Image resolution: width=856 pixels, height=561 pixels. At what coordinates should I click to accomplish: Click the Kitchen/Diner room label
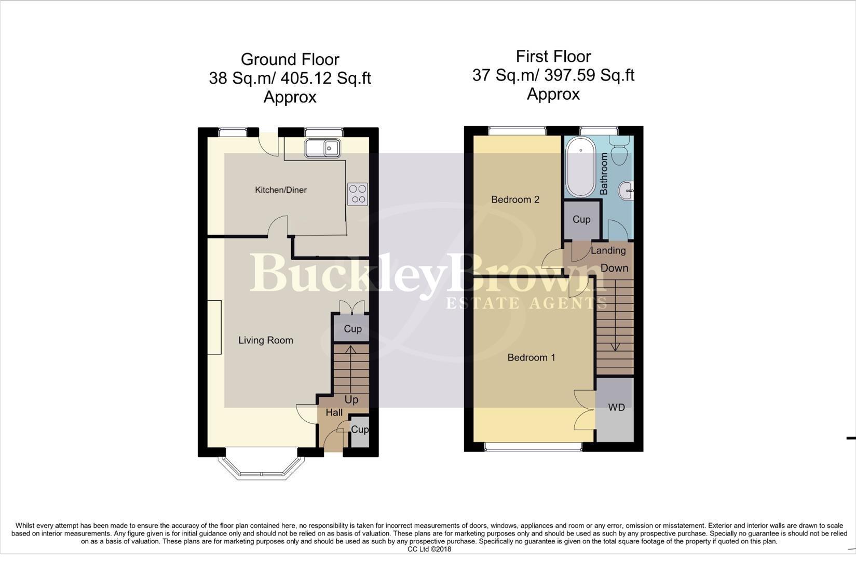[x=280, y=190]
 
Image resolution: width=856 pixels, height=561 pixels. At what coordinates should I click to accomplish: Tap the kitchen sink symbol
[x=322, y=148]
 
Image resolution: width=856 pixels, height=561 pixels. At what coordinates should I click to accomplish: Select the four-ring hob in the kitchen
[x=358, y=194]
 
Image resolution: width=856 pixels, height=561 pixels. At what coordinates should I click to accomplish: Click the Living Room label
[x=265, y=341]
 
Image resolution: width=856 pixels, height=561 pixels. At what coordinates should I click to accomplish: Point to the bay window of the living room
[x=261, y=467]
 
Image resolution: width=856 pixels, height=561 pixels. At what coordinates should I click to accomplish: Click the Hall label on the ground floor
[x=334, y=413]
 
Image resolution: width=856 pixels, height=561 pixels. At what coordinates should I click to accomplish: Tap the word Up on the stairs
[x=351, y=400]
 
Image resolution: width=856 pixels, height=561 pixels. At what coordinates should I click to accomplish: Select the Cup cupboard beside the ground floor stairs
[x=352, y=329]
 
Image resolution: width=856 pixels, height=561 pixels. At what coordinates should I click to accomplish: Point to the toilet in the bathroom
[x=619, y=151]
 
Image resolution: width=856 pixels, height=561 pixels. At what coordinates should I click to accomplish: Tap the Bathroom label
[x=604, y=173]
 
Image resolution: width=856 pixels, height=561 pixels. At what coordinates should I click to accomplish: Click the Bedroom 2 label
[x=515, y=199]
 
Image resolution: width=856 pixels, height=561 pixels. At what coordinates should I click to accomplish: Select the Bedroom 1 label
[x=531, y=357]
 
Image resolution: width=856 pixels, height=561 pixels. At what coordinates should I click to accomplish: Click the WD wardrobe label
[x=616, y=408]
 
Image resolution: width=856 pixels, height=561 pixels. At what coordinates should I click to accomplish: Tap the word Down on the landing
[x=614, y=269]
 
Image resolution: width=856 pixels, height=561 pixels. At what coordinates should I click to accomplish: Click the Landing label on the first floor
[x=608, y=251]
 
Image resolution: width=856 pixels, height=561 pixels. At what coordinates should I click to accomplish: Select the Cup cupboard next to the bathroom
[x=581, y=220]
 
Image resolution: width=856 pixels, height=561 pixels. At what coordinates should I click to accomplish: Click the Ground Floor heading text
[x=290, y=60]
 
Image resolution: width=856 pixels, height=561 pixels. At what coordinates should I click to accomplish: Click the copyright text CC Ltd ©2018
[x=429, y=549]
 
